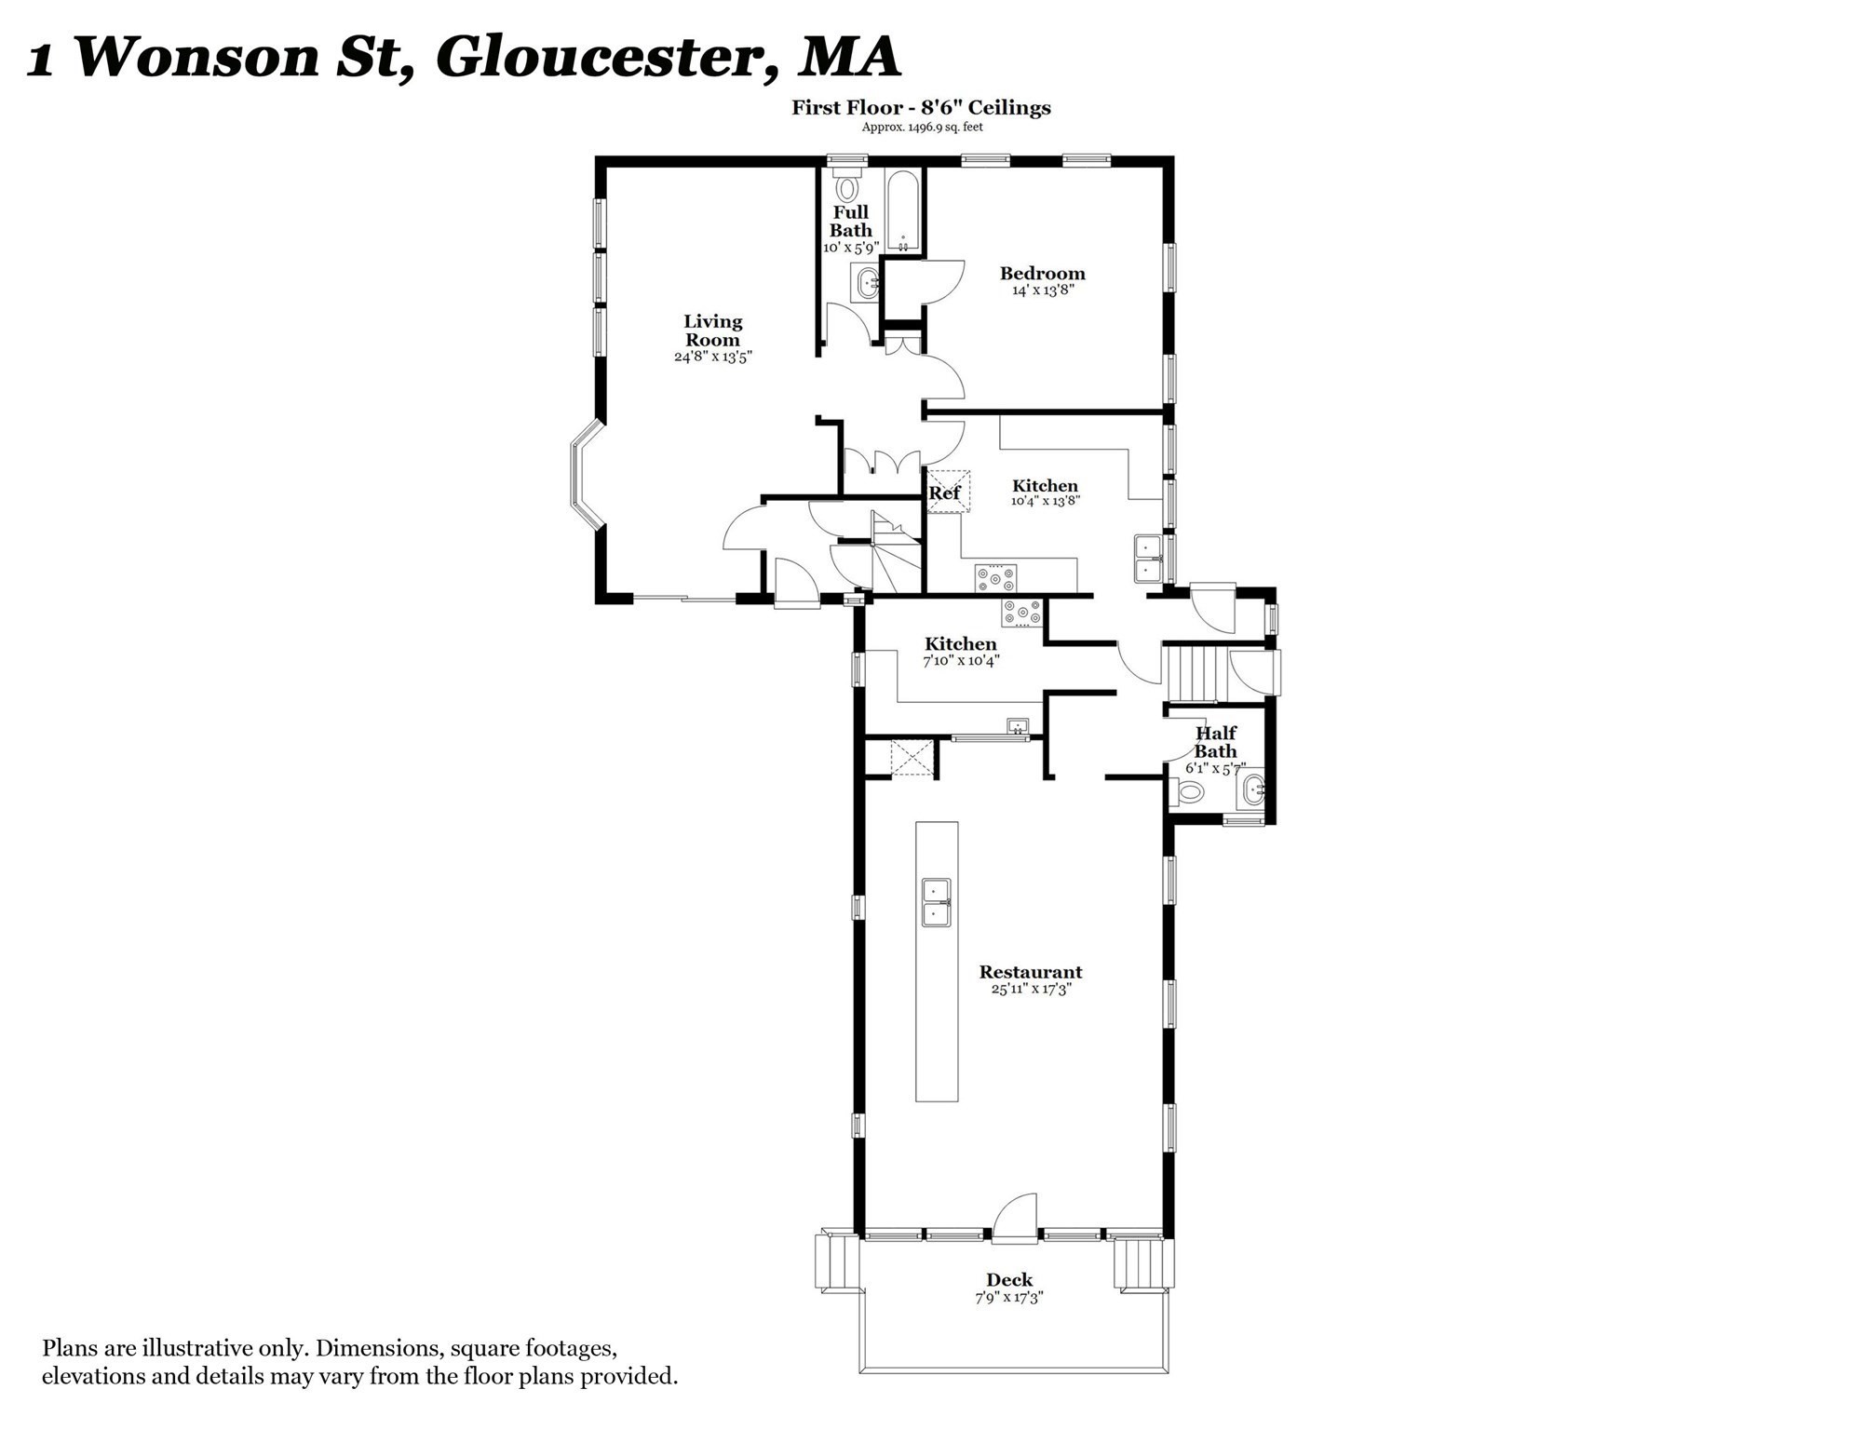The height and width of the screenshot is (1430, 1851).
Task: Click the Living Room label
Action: tap(713, 331)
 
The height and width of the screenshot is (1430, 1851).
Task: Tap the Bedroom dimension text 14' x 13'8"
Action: tap(1042, 290)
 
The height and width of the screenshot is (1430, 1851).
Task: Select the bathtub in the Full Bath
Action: tap(902, 211)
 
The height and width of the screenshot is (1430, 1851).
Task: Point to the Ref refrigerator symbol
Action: tap(949, 492)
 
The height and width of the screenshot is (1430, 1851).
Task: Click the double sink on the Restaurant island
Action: tap(937, 902)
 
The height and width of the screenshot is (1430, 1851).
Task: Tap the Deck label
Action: tap(1009, 1280)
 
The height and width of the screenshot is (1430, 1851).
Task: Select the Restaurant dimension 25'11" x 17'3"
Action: tap(1031, 989)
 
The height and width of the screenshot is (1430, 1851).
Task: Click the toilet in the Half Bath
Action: tap(1187, 793)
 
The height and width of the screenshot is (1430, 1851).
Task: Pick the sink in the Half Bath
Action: tap(1251, 791)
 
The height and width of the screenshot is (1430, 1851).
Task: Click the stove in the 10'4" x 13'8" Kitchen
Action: tap(995, 578)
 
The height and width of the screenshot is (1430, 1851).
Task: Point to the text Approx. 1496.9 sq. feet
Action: tap(922, 128)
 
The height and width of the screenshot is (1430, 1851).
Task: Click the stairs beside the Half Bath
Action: tap(1193, 675)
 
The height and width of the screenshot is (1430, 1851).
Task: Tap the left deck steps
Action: tap(835, 1261)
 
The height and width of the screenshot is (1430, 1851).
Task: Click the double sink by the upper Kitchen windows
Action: tap(1147, 558)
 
